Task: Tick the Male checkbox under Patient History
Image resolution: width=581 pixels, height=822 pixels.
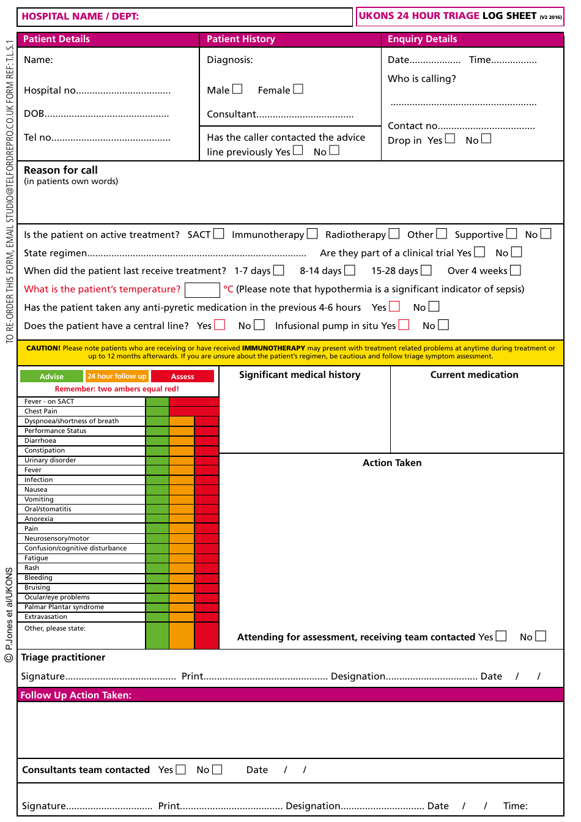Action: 237,89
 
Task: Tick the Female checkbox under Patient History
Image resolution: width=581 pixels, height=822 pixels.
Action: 298,89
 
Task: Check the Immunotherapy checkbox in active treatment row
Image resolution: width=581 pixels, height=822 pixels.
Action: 312,234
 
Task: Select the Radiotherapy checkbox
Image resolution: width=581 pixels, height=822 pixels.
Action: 394,234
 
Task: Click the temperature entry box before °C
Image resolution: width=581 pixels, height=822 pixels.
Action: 202,289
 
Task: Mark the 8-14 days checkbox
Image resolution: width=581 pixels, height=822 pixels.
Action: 350,270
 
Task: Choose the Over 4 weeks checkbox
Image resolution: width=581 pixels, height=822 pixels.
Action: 516,270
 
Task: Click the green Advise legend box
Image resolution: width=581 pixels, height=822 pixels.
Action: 51,376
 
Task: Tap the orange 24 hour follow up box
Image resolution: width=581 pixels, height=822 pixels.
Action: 117,376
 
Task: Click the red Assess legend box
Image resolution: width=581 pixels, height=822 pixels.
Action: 182,376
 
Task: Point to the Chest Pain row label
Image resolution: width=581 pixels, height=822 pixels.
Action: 41,411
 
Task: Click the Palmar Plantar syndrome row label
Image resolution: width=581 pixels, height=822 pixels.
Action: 64,607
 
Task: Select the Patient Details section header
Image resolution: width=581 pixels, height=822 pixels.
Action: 56,39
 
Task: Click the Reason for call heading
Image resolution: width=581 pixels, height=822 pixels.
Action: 61,170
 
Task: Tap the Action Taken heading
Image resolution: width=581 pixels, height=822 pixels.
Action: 392,463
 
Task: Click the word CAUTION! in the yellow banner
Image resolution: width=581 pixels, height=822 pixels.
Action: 43,348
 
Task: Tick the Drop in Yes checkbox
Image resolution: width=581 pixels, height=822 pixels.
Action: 450,139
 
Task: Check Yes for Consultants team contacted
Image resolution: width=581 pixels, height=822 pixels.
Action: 180,769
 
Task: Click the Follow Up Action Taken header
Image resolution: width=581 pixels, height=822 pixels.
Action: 76,695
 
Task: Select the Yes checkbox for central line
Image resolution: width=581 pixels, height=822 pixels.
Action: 220,325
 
